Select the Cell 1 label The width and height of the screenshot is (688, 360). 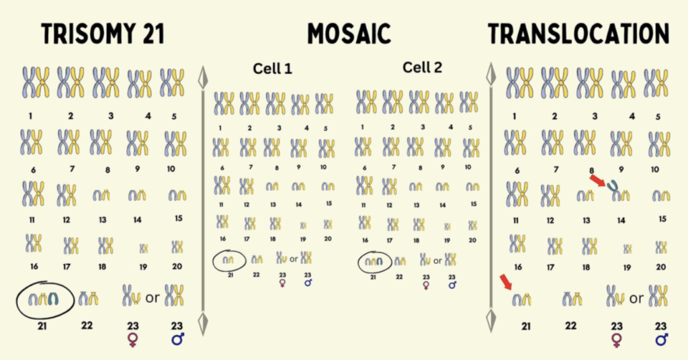click(273, 69)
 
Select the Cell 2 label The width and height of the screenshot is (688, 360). click(423, 67)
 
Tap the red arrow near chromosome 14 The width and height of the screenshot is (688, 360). click(597, 180)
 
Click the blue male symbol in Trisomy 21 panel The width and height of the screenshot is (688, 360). click(177, 339)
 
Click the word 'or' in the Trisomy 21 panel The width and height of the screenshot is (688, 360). click(153, 297)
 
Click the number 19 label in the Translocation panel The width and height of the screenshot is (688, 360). click(627, 267)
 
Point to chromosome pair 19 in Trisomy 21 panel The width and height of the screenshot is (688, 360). click(143, 249)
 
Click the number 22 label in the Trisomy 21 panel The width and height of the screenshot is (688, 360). click(87, 326)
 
